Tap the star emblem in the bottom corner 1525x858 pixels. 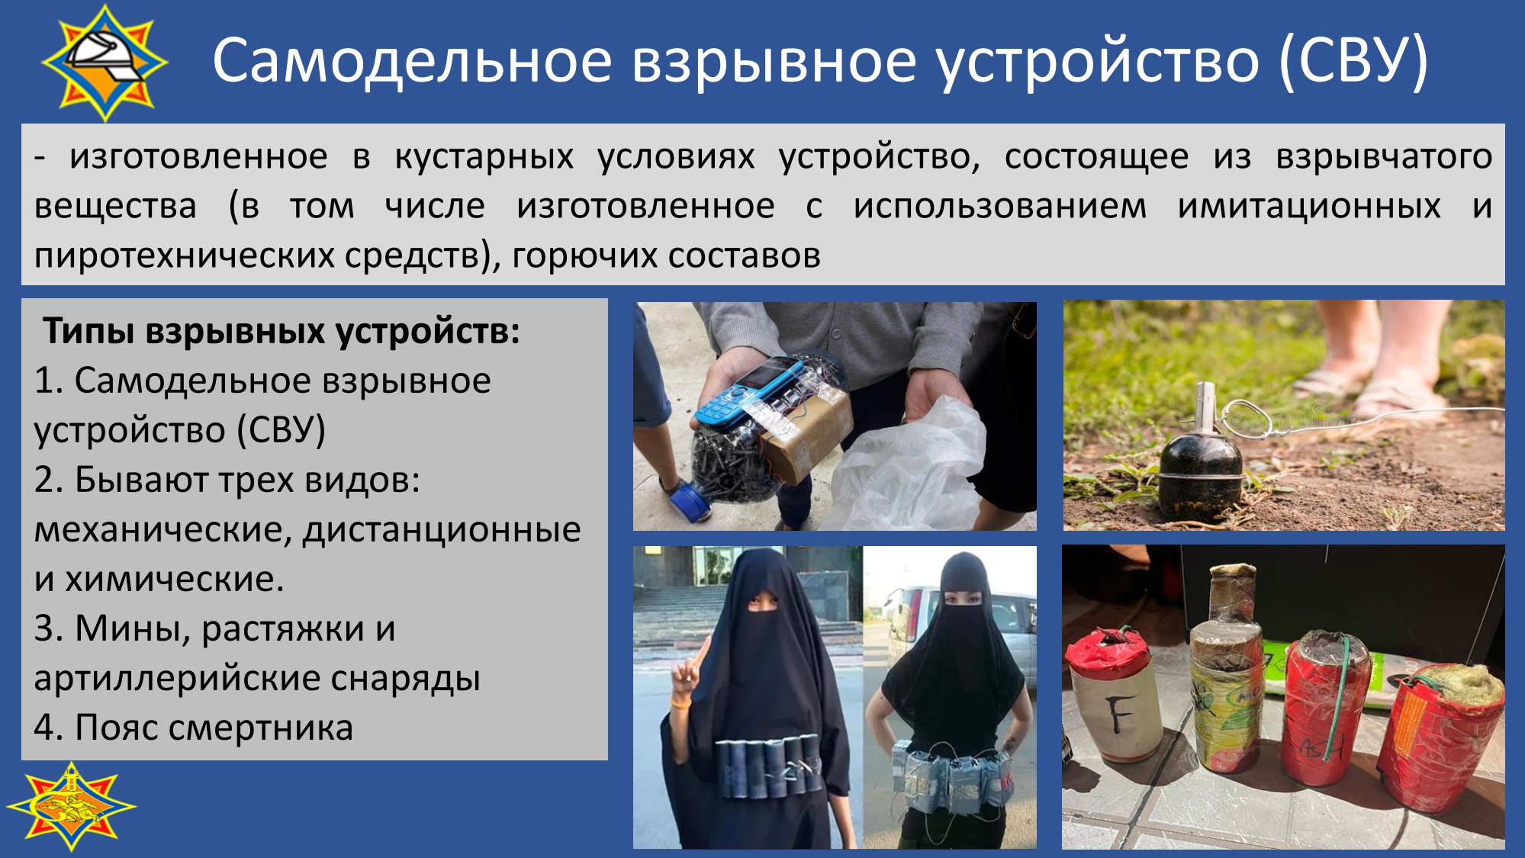[x=71, y=806]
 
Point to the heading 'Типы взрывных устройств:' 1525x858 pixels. [x=282, y=331]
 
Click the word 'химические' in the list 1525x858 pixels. [x=174, y=579]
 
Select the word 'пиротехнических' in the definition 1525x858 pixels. [x=184, y=255]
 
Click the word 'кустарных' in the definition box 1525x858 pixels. [x=484, y=157]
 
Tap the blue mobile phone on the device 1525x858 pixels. [x=758, y=390]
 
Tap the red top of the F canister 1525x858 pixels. [x=1108, y=651]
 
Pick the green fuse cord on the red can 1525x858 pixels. [x=1341, y=690]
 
